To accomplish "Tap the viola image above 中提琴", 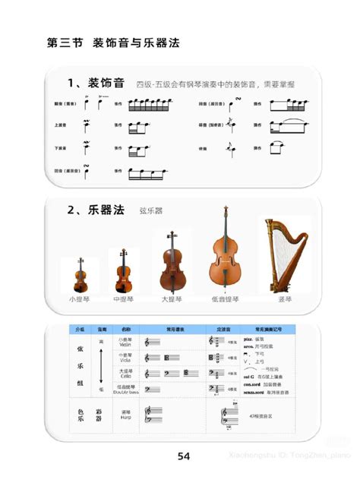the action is [123, 270].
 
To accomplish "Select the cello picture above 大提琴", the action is [171, 264].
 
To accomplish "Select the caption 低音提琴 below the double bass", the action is [225, 300].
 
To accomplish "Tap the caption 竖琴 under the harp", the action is [285, 300].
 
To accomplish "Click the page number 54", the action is [183, 456].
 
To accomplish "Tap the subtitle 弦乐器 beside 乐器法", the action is [152, 210].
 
